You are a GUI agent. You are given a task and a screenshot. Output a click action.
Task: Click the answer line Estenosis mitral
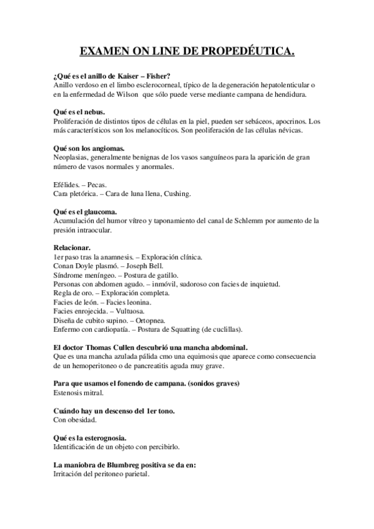tap(78, 392)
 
